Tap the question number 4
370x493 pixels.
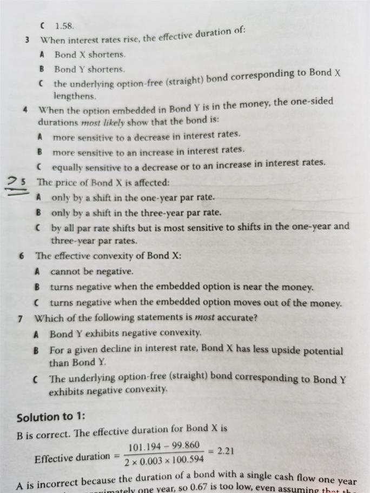point(25,109)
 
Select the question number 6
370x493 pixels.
point(21,256)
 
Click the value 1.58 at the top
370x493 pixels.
point(64,25)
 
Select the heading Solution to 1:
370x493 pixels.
point(51,417)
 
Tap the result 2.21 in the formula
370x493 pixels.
point(225,450)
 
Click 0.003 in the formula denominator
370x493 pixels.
point(149,462)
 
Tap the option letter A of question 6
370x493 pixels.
point(37,271)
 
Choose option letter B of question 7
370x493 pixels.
point(36,350)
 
